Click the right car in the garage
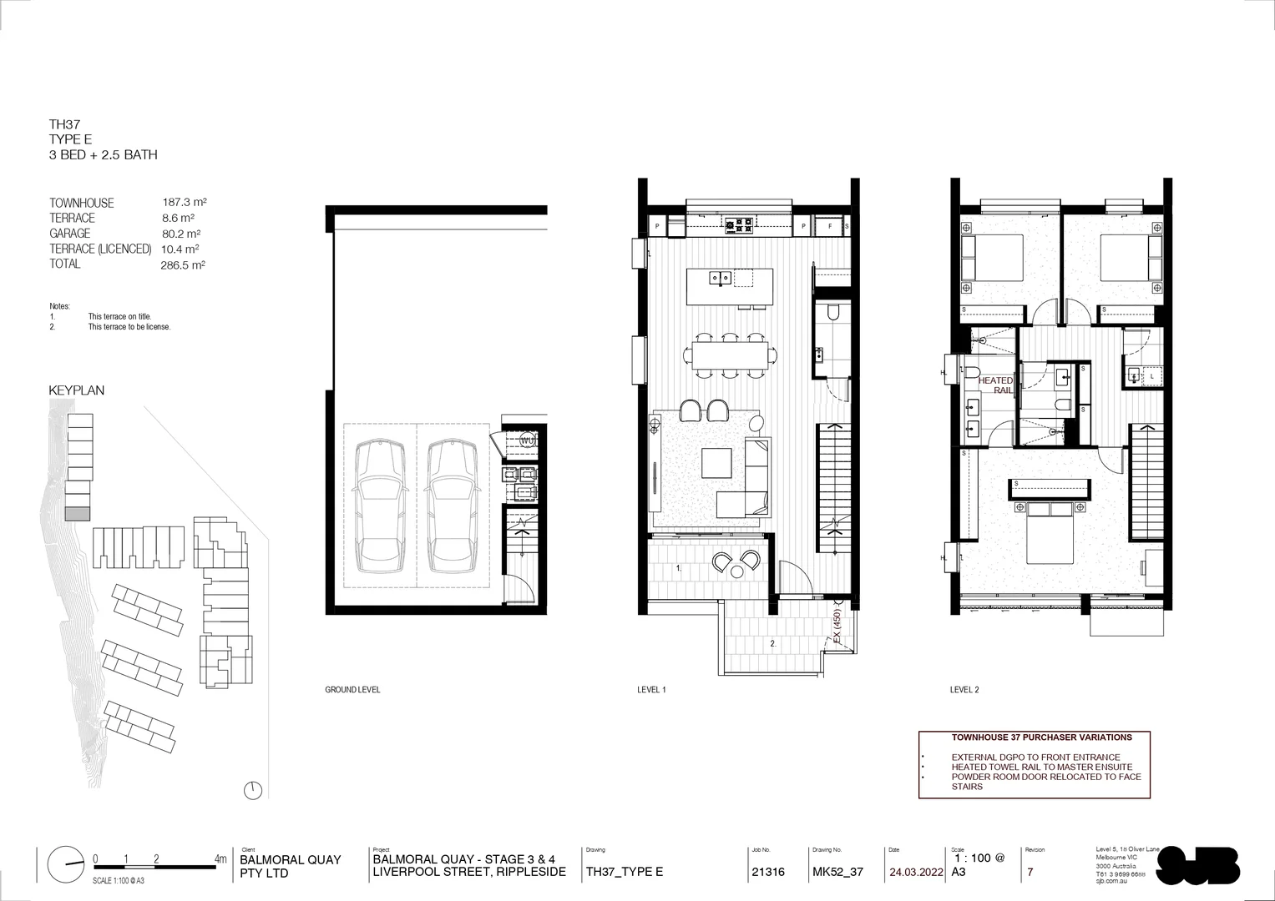453,506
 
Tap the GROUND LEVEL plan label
352,690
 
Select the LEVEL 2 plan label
964,690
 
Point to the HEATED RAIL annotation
995,385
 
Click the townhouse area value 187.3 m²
185,202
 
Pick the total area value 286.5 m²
183,265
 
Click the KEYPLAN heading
77,390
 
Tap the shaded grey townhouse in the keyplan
78,514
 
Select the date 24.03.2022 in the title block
916,873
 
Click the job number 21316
768,873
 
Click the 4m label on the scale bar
220,858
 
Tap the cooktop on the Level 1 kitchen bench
738,224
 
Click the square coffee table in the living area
717,463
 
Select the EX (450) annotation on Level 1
837,627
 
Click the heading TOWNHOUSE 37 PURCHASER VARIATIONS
1041,737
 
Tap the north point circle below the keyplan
255,789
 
